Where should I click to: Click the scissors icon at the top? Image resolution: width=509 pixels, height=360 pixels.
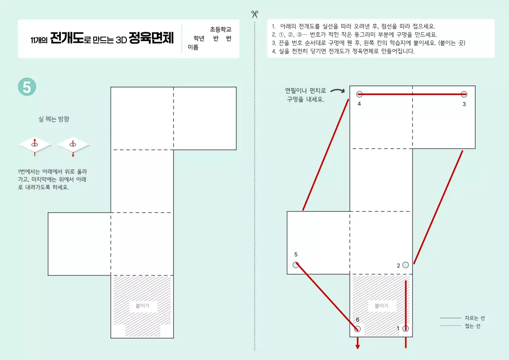coord(254,14)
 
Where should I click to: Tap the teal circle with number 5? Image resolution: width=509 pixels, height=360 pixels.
coord(27,87)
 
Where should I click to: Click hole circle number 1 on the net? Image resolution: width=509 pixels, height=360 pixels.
coord(406,329)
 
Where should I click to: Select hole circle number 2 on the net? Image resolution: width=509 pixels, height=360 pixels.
coord(406,265)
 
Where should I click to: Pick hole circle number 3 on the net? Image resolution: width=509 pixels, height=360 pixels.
coord(464,94)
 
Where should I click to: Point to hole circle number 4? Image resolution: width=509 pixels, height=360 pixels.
coord(359,94)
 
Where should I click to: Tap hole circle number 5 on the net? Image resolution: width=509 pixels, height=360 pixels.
coord(296,265)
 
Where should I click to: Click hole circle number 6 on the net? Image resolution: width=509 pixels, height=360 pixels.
coord(357,329)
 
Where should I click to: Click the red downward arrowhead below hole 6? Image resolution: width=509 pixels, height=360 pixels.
coord(357,346)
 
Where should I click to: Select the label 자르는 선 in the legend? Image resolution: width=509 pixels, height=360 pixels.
coord(475,318)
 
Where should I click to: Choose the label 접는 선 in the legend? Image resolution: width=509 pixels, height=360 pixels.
coord(472,326)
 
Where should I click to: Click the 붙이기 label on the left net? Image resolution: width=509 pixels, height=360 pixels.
coord(142,306)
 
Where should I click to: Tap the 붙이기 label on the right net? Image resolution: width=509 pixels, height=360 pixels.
coord(381,306)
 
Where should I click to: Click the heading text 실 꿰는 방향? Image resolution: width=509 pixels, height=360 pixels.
coord(54,119)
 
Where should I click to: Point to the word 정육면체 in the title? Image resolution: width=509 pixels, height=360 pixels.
coord(152,39)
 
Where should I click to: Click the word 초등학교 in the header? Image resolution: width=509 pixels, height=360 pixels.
coord(221,29)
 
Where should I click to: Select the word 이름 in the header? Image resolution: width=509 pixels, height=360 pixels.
coord(193,48)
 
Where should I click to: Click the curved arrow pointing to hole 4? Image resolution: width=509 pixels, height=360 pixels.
coord(338,91)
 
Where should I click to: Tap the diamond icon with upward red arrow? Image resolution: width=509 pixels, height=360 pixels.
coord(35,145)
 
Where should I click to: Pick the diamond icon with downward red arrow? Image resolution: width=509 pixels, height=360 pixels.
coord(73,145)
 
